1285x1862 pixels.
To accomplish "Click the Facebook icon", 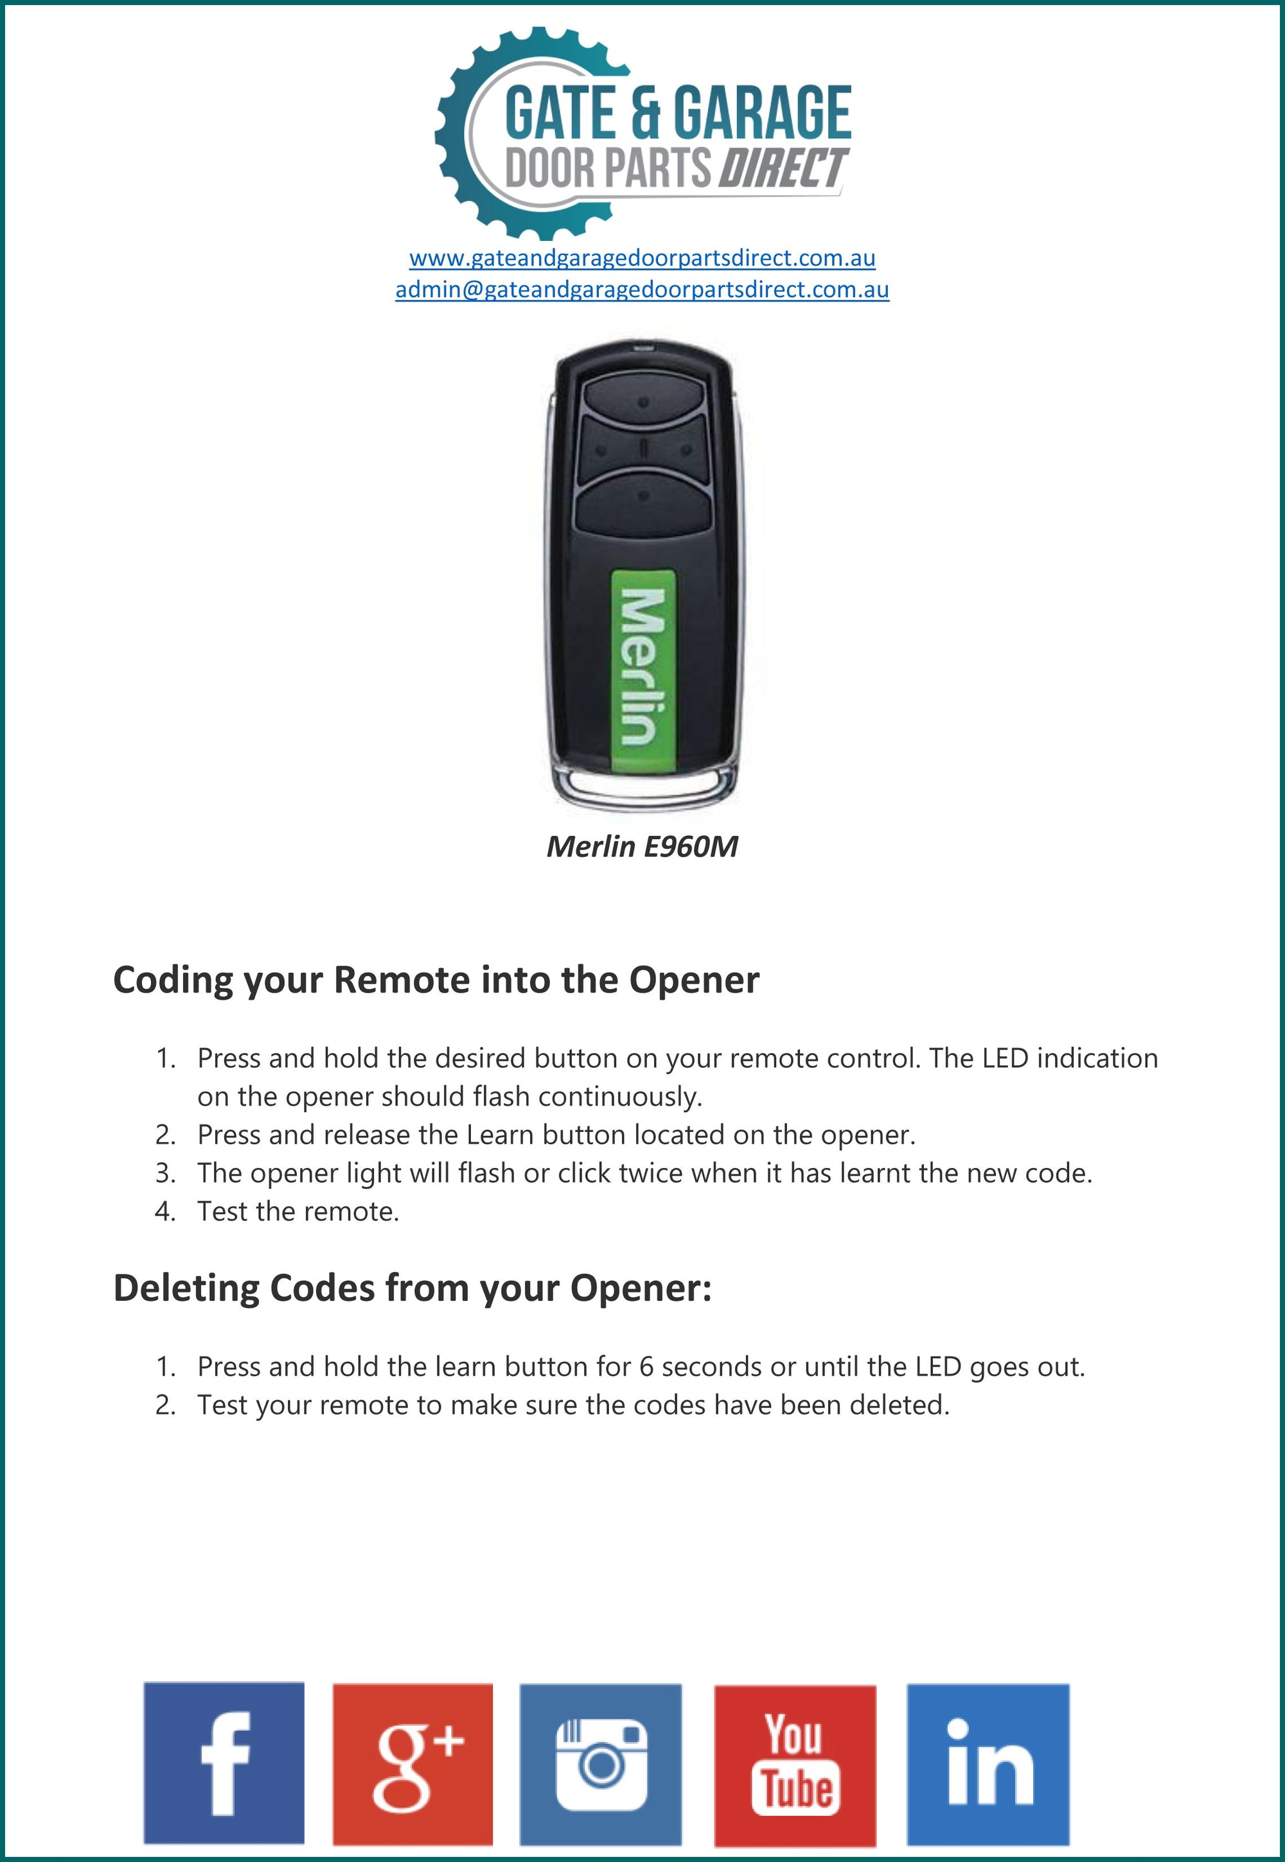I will tap(224, 1762).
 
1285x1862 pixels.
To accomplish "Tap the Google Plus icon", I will tap(412, 1763).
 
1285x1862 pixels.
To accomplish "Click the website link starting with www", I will tap(642, 258).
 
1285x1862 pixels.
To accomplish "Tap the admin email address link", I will tap(642, 290).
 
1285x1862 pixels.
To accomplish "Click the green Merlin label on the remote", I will tap(642, 667).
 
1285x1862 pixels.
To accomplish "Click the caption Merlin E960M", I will tap(642, 846).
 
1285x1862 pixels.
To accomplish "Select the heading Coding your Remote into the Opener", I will tap(436, 980).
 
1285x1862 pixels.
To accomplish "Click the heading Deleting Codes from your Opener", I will tap(412, 1287).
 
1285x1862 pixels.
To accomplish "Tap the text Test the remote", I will tap(298, 1211).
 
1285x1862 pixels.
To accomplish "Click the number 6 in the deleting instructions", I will tap(646, 1366).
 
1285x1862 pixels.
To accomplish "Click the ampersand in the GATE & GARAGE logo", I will tap(644, 112).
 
